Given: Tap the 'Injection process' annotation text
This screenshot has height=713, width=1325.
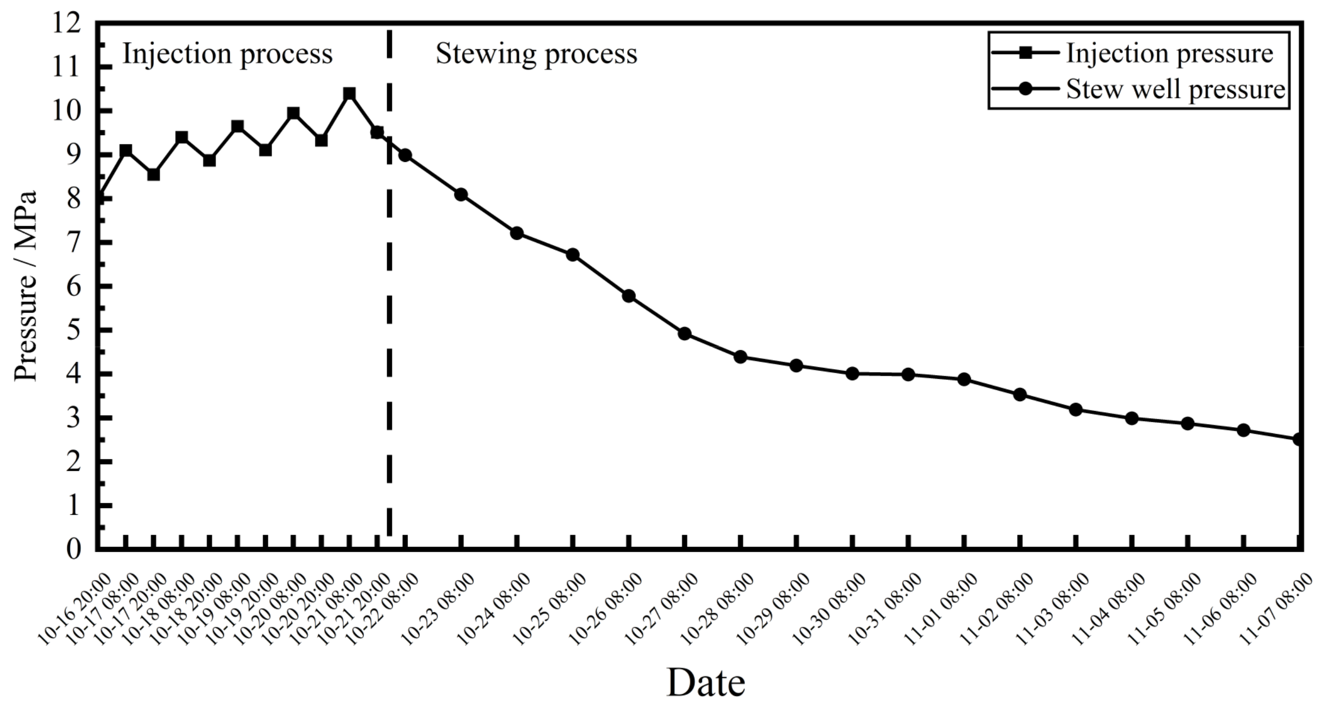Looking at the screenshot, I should [x=227, y=54].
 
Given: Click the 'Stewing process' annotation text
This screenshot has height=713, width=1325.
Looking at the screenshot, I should [x=536, y=54].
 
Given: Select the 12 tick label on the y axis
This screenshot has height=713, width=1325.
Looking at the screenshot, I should [x=66, y=24].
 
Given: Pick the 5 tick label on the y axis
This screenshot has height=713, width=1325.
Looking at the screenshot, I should [x=74, y=331].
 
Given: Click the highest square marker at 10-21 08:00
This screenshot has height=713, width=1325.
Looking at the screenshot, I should [x=349, y=94].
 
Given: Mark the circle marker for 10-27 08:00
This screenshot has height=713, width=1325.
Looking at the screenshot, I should [x=684, y=333].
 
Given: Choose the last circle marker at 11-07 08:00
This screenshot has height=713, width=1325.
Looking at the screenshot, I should [x=1299, y=439].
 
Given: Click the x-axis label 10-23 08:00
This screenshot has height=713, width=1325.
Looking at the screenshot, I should [x=438, y=609].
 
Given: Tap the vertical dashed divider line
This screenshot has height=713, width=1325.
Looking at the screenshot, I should [x=389, y=311].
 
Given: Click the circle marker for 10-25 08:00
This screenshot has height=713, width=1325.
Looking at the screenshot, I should [x=573, y=255].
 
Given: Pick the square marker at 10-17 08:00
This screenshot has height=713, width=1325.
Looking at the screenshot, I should [x=126, y=151].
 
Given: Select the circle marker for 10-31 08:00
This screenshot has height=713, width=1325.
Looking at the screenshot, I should [x=908, y=374].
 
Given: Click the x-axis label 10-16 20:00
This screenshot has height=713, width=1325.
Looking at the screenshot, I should [x=75, y=609].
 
